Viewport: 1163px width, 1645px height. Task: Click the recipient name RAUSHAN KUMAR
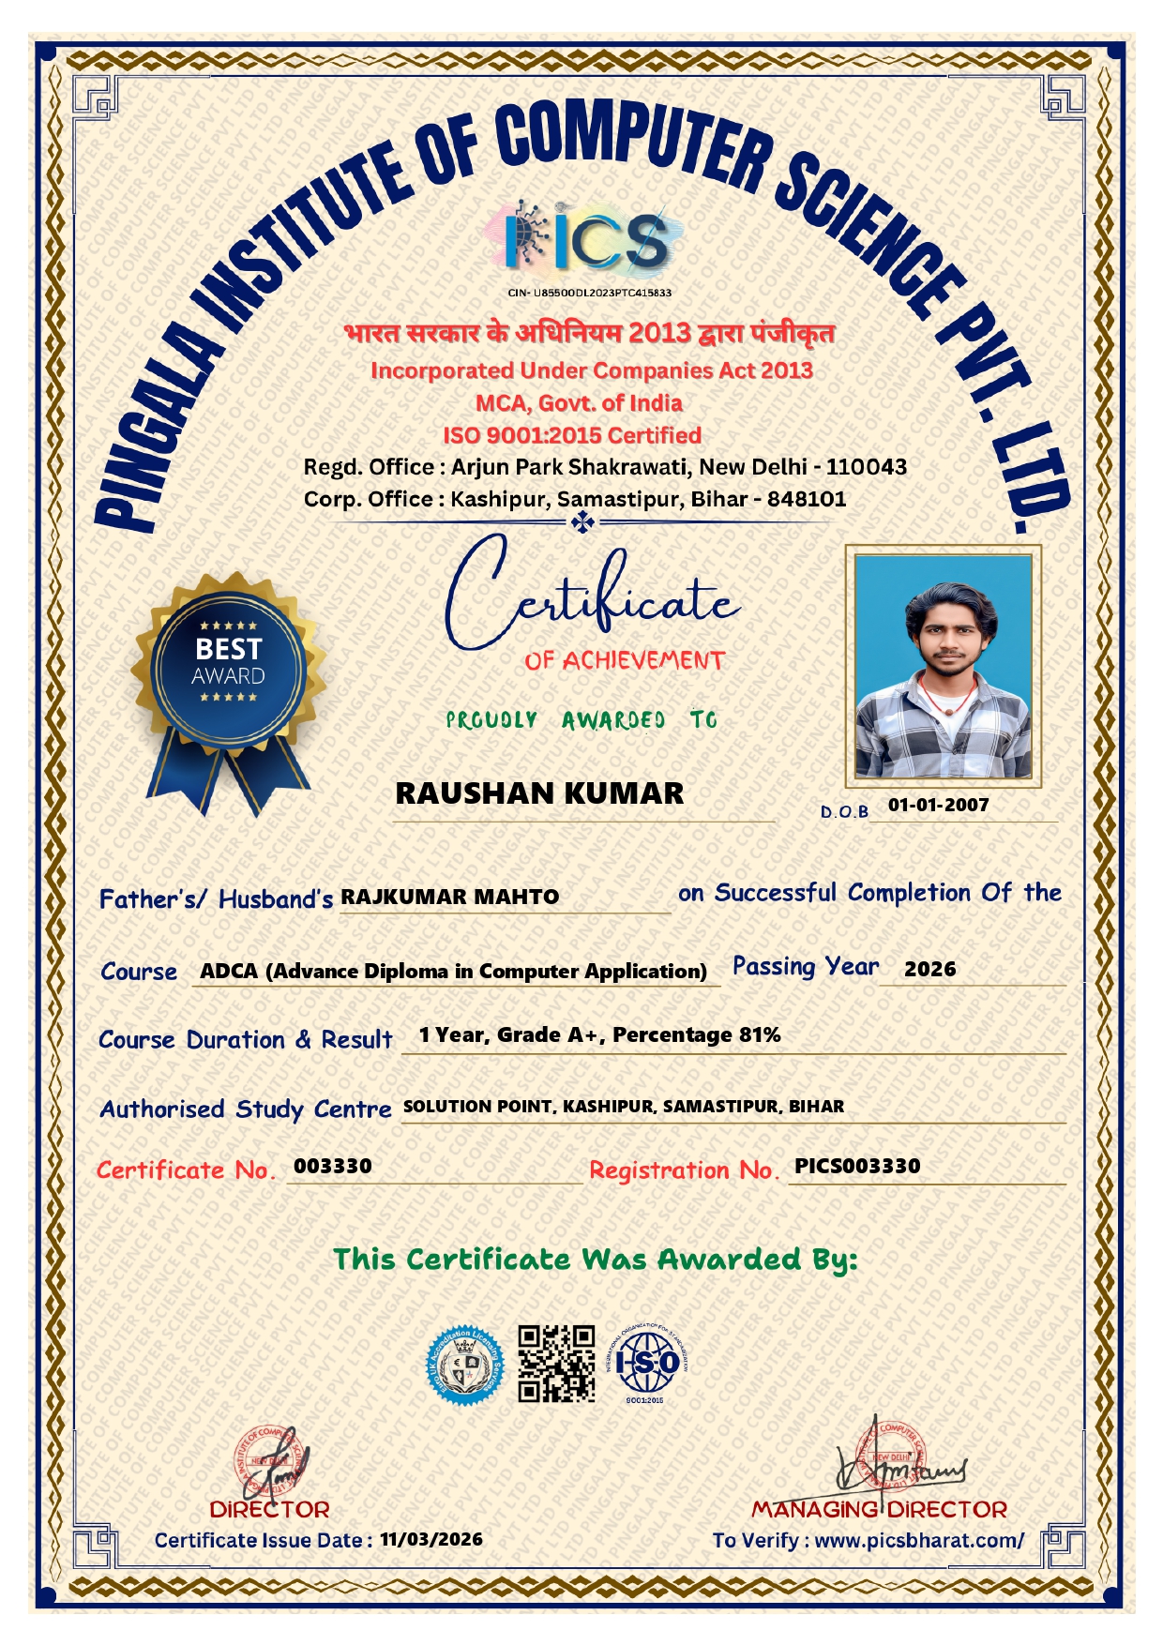point(539,793)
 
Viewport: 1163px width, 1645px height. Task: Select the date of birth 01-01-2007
point(938,805)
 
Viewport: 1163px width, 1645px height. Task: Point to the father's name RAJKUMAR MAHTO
point(449,898)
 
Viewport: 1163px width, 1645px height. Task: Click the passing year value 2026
point(929,970)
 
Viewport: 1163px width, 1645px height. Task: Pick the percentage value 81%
point(760,1035)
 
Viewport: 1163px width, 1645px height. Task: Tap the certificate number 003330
point(333,1166)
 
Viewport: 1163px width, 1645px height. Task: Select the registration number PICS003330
point(857,1166)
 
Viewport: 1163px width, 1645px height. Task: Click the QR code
point(556,1364)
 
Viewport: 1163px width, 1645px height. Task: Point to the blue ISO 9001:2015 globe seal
point(648,1362)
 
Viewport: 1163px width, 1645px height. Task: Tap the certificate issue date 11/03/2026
point(431,1539)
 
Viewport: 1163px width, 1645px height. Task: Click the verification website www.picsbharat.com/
point(919,1540)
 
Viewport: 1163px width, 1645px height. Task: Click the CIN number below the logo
point(589,293)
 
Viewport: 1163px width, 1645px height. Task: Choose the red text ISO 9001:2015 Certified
point(572,435)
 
